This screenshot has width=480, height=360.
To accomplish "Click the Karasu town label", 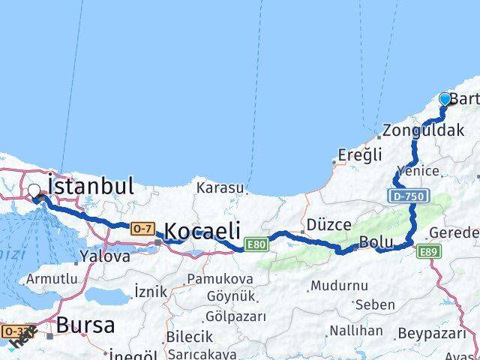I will tap(220, 187).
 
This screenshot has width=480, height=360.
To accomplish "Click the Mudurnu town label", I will tap(339, 286).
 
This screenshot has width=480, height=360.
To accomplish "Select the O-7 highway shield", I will tap(141, 227).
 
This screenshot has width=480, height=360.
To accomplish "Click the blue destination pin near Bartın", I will tap(445, 99).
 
